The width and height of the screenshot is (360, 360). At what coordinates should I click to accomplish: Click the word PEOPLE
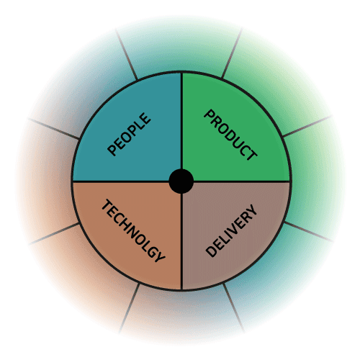[x=129, y=135]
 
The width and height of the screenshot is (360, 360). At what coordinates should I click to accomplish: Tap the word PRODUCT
[x=230, y=135]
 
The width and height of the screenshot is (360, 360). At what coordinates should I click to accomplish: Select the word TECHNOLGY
[x=133, y=230]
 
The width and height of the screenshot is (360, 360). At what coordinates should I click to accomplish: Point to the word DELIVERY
[x=232, y=231]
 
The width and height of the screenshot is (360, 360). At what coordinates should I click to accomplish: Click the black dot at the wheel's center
[x=181, y=181]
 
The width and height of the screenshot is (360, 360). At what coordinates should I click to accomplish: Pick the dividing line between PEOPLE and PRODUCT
[x=181, y=121]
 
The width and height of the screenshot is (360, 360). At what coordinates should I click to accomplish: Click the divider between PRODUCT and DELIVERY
[x=242, y=181]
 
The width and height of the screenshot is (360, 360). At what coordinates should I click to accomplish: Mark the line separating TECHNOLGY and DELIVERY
[x=181, y=242]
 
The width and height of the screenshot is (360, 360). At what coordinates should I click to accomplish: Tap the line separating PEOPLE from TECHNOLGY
[x=121, y=181]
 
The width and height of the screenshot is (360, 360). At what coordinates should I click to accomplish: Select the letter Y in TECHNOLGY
[x=159, y=256]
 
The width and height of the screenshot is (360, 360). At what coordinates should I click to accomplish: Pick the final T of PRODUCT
[x=251, y=154]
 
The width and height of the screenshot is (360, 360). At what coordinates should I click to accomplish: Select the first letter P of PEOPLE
[x=112, y=150]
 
